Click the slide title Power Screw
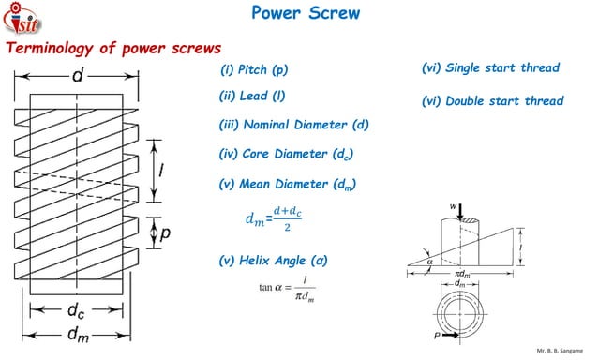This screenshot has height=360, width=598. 306,14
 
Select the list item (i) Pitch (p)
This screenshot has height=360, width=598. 255,71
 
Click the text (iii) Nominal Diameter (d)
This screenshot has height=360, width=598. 294,125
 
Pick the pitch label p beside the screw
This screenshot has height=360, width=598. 164,233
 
